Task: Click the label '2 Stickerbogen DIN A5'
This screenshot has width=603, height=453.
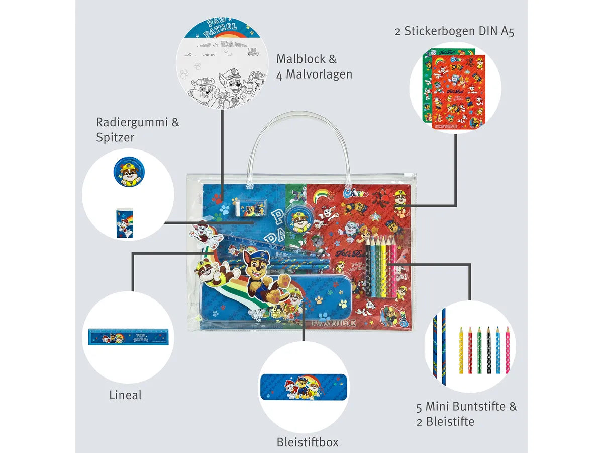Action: tap(454, 31)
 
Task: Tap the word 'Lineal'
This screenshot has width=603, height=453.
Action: tap(125, 395)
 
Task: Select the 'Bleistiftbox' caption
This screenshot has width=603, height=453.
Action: tap(308, 442)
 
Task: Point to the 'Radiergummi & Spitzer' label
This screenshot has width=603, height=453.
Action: tap(137, 129)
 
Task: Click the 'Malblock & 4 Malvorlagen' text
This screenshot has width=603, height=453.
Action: tap(314, 66)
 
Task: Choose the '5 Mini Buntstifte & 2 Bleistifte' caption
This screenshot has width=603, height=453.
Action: tap(466, 414)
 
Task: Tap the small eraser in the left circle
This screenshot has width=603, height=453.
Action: tap(124, 222)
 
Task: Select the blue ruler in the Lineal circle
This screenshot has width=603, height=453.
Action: tap(128, 336)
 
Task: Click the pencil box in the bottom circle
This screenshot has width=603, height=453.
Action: tap(304, 386)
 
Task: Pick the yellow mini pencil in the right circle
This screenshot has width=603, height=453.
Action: tap(461, 350)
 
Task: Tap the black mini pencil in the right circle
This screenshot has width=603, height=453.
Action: tap(489, 350)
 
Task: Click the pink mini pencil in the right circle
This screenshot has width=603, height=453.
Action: tap(508, 350)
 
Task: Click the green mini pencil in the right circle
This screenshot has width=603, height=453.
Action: tap(479, 350)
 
